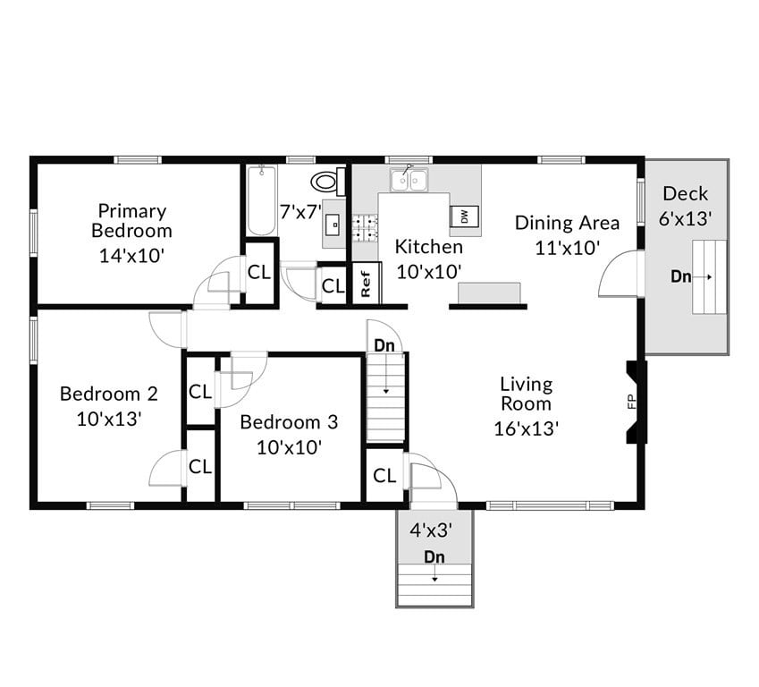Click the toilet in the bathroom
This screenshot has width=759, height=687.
click(327, 182)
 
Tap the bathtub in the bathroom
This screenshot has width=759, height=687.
click(261, 200)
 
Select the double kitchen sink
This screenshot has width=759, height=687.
click(409, 179)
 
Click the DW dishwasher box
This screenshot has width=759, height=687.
click(465, 216)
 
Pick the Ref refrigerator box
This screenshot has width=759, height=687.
click(366, 284)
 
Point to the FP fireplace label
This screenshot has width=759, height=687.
click(632, 402)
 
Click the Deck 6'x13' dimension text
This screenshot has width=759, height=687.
click(686, 218)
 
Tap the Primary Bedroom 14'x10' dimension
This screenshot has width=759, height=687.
click(131, 255)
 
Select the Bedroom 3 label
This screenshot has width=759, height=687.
click(289, 422)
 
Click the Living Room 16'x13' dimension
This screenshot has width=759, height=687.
click(527, 428)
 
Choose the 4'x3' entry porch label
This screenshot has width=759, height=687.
click(431, 530)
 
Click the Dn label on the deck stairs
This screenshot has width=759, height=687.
click(680, 276)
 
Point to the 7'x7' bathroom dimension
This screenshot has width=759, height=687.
click(301, 212)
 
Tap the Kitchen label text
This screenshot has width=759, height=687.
click(429, 247)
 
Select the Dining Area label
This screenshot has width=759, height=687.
click(568, 223)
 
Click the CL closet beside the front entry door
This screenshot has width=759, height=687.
click(384, 476)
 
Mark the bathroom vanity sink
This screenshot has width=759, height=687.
click(335, 224)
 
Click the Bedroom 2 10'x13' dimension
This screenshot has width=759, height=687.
click(109, 419)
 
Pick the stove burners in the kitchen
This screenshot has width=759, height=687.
click(365, 229)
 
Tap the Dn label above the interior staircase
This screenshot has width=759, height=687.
click(384, 345)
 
